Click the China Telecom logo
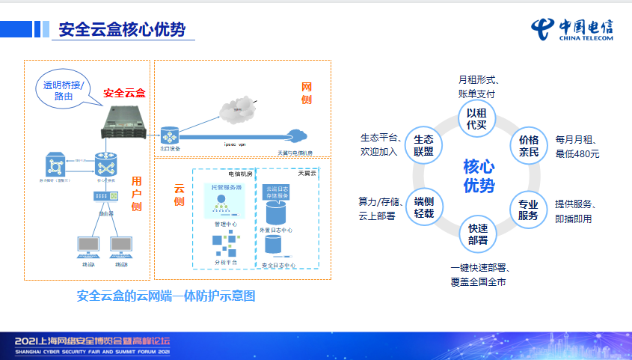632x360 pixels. pos(571,31)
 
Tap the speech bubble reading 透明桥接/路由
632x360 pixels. pos(64,90)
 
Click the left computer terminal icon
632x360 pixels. pos(89,247)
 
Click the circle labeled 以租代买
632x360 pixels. pos(477,118)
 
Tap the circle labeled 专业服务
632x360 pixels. pos(529,210)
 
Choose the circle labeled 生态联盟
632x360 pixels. pos(424,145)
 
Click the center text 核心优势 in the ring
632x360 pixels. pos(478,176)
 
